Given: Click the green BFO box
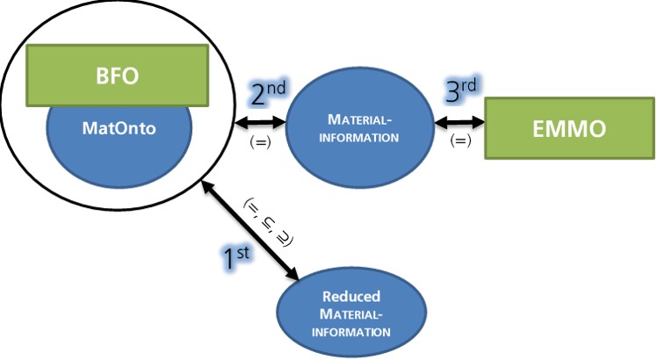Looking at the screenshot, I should point(117,74).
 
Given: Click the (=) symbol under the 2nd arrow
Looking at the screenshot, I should point(261,140).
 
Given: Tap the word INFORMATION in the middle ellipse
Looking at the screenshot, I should point(362,138).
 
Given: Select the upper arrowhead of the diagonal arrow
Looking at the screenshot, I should point(206,186).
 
